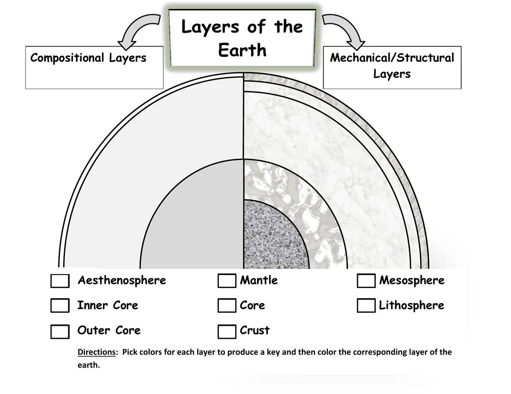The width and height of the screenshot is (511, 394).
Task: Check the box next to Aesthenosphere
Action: coord(60,281)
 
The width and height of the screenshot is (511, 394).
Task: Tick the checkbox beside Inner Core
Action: coord(60,305)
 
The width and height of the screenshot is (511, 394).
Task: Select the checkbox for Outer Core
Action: coord(60,331)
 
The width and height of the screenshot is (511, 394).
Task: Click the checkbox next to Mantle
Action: coord(227,281)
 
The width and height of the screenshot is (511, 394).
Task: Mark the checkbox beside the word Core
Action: coord(227,305)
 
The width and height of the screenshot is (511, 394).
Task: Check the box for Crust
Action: coord(227,331)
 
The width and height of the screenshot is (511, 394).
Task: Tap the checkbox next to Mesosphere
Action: coord(366,281)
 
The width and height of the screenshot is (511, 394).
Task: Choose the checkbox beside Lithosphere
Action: coord(366,305)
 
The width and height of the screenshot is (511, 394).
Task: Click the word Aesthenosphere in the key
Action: coord(121,280)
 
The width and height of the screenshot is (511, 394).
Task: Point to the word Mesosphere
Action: coord(411,280)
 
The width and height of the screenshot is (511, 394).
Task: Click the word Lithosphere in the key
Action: coord(411,305)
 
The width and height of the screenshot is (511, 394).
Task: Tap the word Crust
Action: coord(255,330)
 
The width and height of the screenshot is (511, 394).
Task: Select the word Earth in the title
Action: coord(243,50)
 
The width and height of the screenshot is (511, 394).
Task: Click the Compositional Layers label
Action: coord(88,58)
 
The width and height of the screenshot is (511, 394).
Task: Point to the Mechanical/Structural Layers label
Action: coord(392,66)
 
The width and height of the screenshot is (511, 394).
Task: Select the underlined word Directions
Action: coord(96,352)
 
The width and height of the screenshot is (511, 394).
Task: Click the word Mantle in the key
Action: coord(258,280)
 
